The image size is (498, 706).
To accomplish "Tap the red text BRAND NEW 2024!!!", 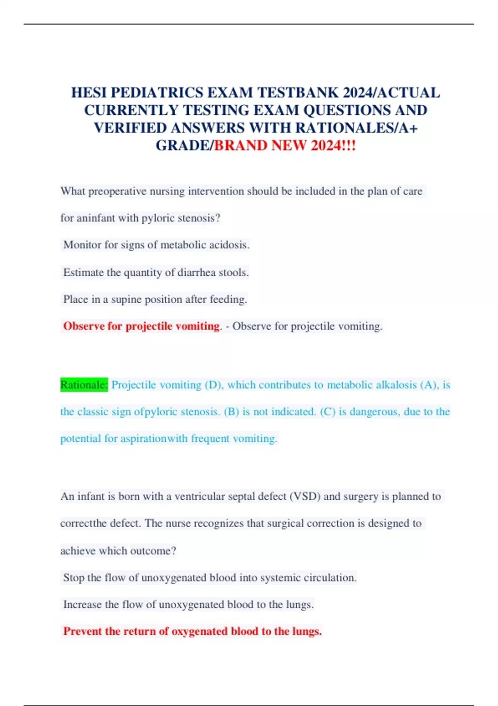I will [285, 145].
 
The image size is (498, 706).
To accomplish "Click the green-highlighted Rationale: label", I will [84, 385].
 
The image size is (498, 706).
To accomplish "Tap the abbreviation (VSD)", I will [305, 496].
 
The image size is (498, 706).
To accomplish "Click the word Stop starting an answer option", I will [74, 578].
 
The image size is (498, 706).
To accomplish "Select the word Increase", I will [82, 605].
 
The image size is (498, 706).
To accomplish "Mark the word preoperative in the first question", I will [117, 191].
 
